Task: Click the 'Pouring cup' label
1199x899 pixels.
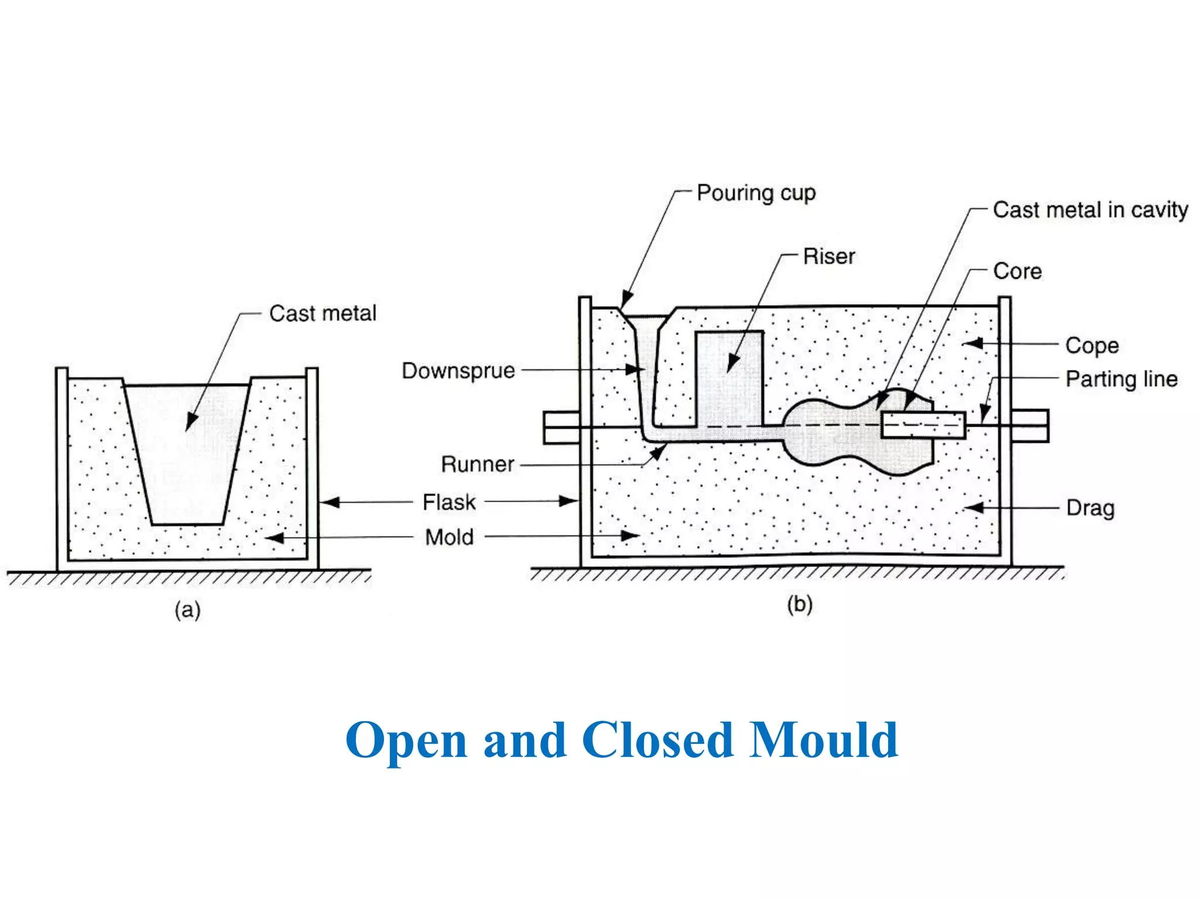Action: pos(756,193)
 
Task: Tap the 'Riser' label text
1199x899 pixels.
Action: pos(828,256)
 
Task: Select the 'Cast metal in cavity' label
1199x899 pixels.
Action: pos(1090,210)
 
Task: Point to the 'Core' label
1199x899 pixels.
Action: pos(1017,272)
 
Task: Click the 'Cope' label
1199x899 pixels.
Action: pos(1092,345)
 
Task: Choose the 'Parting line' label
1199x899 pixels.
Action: pos(1121,379)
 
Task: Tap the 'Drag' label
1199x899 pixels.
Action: pos(1090,508)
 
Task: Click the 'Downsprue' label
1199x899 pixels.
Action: pos(458,371)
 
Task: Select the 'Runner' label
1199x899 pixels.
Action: pos(477,464)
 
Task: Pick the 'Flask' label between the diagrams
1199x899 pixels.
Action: pos(449,502)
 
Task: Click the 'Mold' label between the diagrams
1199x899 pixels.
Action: pos(449,537)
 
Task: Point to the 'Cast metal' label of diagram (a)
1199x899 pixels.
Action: pos(323,314)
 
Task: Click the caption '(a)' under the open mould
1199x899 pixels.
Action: pos(187,610)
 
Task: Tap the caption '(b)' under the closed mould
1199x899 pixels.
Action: pos(799,604)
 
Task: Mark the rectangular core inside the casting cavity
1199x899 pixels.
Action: pos(923,425)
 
